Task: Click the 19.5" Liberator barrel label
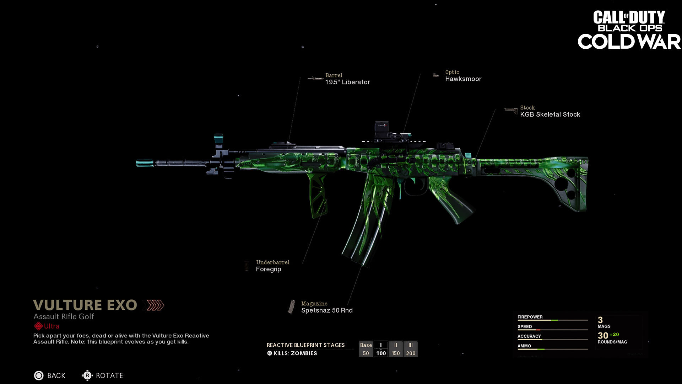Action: point(347,82)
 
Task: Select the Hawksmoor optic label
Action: point(463,79)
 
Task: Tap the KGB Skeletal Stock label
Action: point(550,114)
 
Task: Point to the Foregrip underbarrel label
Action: point(269,269)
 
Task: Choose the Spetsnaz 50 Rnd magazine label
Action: point(327,310)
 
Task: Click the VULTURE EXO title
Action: point(85,305)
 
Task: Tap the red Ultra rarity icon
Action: point(38,326)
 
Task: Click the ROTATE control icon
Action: point(87,375)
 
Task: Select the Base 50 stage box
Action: point(366,349)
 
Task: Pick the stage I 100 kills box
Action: point(381,349)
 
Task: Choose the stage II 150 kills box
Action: point(396,349)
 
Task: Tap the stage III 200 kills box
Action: point(411,349)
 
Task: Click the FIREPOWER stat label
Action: point(530,317)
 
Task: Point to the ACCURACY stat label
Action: point(529,336)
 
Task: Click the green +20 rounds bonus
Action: point(614,335)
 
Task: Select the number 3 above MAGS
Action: point(600,320)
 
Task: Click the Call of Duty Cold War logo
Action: point(629,30)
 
